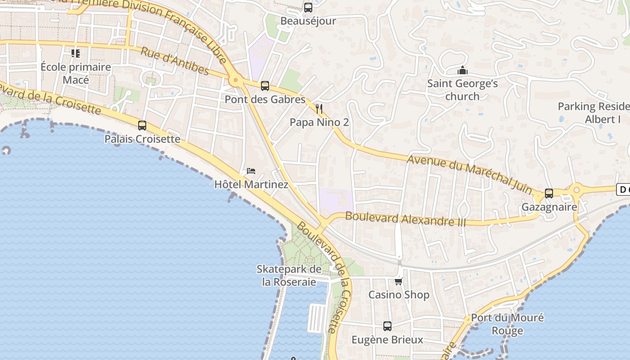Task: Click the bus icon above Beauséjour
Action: pos(308,8)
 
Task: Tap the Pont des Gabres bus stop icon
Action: pos(265,86)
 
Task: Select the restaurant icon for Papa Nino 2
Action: pos(319,109)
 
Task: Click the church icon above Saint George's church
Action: pos(462,71)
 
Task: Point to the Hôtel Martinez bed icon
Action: pos(251,171)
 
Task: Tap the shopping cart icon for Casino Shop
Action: pos(398,282)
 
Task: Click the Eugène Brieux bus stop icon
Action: pos(387,326)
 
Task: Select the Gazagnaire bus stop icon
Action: pos(549,193)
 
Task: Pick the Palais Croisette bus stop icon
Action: pos(142,126)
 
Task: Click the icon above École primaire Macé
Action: pos(76,54)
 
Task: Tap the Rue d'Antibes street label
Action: pos(175,61)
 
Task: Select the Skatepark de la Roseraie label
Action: pos(289,275)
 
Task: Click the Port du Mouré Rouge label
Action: pos(507,324)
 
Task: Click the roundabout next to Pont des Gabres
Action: pos(234,81)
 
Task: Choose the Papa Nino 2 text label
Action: pos(319,122)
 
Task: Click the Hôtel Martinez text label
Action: pos(251,184)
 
